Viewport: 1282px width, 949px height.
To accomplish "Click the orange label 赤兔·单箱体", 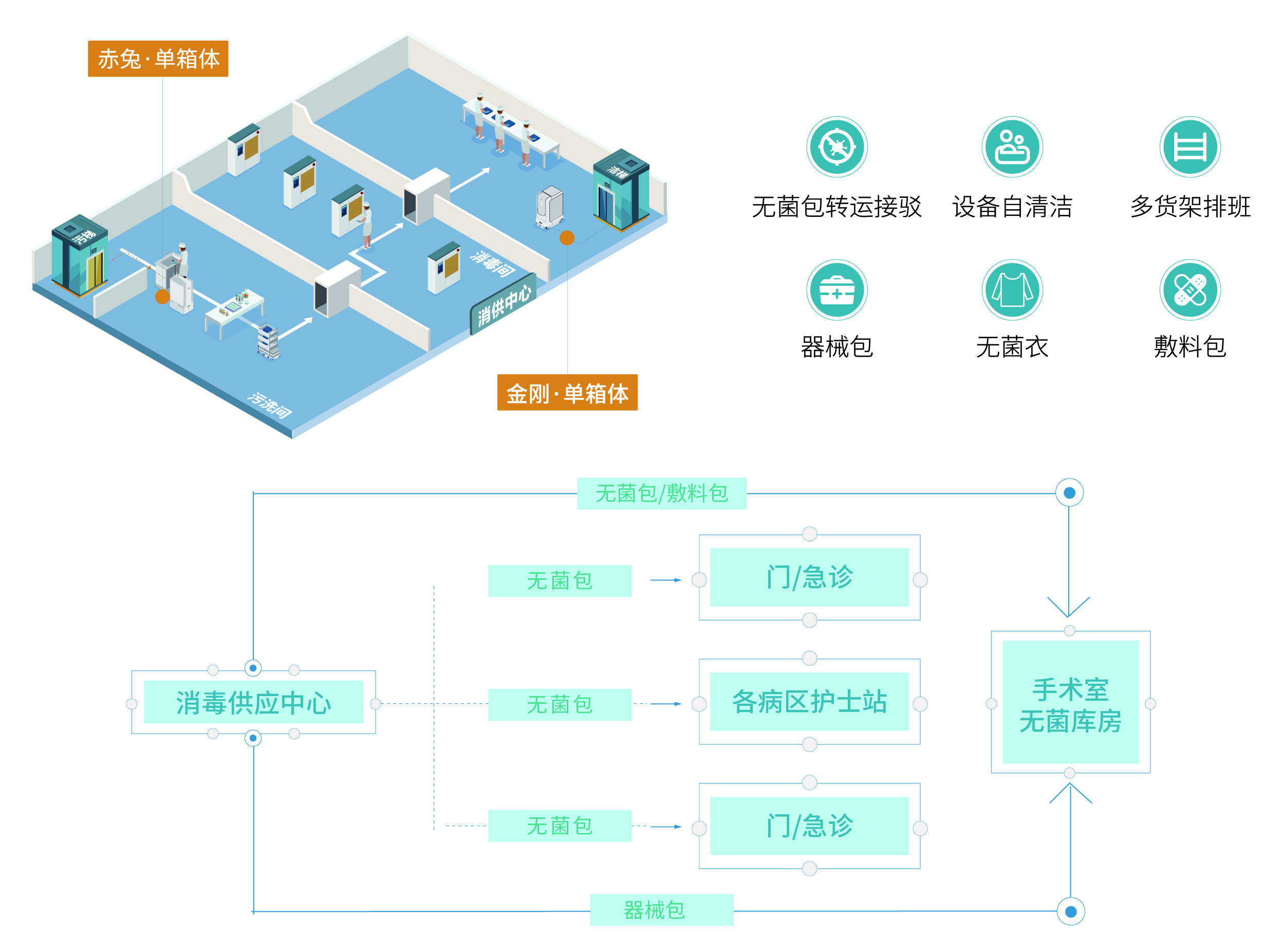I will tap(158, 59).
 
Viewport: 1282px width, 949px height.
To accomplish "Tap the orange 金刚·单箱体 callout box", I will tap(567, 393).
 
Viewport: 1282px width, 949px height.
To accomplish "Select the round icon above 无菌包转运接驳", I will tap(837, 147).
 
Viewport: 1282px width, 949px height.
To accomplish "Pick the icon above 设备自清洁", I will tap(1012, 147).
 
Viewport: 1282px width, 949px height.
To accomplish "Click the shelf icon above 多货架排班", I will tap(1190, 147).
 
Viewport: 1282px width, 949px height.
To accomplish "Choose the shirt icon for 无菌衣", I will tap(1012, 289).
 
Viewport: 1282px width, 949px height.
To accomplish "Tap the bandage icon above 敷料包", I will tap(1190, 289).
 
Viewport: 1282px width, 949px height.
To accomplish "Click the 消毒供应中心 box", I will tap(253, 702).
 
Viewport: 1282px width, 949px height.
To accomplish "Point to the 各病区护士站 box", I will tap(809, 701).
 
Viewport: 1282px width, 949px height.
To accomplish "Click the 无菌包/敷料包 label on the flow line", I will tap(661, 494).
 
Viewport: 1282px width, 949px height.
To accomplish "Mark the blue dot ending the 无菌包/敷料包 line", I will tap(1069, 493).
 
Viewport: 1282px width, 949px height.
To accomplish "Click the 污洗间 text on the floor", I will tap(270, 405).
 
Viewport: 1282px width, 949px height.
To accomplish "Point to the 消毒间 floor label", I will tap(492, 264).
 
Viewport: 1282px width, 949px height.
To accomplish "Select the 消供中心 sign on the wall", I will tap(504, 304).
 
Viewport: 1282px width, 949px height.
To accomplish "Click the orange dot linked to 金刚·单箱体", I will tap(567, 238).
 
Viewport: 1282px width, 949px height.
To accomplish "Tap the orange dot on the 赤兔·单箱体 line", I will tap(162, 297).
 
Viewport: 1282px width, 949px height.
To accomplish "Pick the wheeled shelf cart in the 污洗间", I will tap(268, 341).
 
